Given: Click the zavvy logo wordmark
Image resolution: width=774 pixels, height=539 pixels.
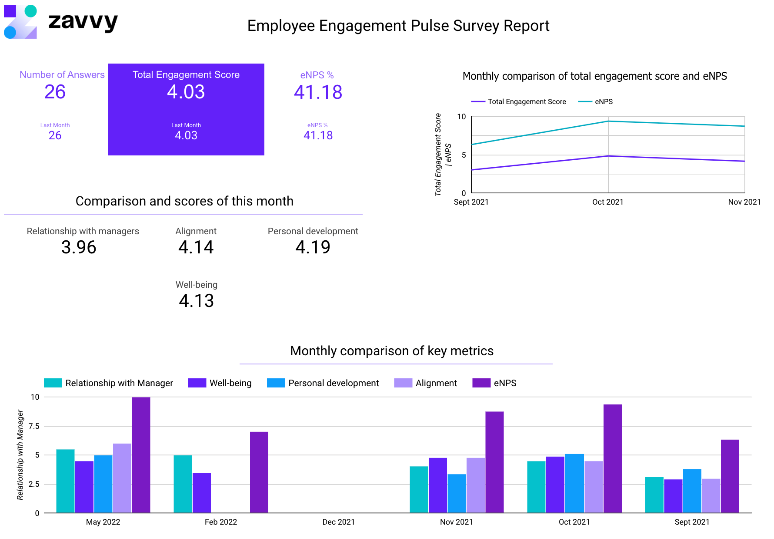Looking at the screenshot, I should point(83,22).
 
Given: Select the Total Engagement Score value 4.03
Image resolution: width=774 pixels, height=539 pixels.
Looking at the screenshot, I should point(186,92).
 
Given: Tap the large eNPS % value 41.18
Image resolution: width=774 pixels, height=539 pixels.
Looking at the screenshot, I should point(318,92).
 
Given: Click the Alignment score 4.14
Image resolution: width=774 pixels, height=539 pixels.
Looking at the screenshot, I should point(196,247).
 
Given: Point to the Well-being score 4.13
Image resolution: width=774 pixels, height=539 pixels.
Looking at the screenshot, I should point(196,301).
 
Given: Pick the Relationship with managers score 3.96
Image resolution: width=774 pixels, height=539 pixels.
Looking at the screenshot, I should point(79,247).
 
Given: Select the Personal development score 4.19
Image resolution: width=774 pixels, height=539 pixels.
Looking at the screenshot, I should point(313,247).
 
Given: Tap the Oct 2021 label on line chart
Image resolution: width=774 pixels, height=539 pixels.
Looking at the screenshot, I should point(607,202).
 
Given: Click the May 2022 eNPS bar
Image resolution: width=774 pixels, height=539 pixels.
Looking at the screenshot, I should point(141,455).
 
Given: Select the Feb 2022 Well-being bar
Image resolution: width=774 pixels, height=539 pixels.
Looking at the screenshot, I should point(202,493).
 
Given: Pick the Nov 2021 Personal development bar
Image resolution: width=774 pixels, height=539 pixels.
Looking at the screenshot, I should point(457,493).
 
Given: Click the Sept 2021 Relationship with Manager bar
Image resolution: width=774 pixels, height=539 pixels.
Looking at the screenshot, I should point(654,495).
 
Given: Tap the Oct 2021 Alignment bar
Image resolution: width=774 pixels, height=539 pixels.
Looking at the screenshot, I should point(594,487).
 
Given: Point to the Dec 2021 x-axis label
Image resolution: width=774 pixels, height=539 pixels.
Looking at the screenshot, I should point(338,522).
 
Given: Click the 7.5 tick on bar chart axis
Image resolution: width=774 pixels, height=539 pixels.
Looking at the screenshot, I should point(34,426).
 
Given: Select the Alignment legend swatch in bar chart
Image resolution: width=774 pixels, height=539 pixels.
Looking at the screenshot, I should point(403,383).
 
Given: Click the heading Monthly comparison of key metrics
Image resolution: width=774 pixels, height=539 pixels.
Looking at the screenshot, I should point(391,351).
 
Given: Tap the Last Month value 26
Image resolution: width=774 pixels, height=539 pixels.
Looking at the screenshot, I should point(55,135).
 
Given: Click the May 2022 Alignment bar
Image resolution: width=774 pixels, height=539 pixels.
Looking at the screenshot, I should point(122,478).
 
